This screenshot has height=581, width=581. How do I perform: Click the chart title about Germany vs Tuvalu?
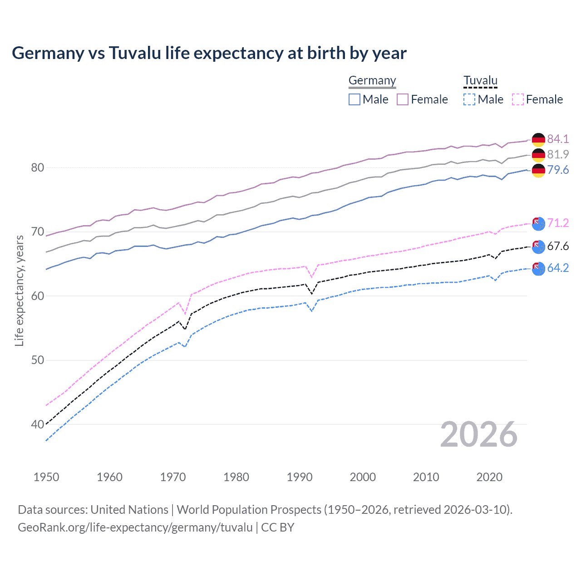pyautogui.click(x=209, y=53)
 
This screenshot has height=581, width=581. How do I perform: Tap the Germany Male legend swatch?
pyautogui.click(x=355, y=99)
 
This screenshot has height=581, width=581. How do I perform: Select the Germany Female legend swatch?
pyautogui.click(x=403, y=99)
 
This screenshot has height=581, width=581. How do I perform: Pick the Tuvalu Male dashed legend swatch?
pyautogui.click(x=469, y=99)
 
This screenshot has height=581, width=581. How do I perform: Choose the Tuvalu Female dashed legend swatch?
pyautogui.click(x=517, y=99)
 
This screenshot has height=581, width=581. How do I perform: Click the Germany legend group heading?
pyautogui.click(x=372, y=81)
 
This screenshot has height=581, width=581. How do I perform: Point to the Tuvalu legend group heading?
pyautogui.click(x=480, y=81)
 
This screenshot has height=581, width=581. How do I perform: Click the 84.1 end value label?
pyautogui.click(x=558, y=139)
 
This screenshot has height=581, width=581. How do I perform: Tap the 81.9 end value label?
pyautogui.click(x=558, y=154)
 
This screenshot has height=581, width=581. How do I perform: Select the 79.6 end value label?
pyautogui.click(x=558, y=170)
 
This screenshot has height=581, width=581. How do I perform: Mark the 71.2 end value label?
pyautogui.click(x=558, y=223)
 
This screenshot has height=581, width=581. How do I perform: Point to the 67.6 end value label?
pyautogui.click(x=558, y=246)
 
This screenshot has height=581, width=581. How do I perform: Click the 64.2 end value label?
pyautogui.click(x=558, y=268)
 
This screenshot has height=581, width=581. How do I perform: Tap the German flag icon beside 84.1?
pyautogui.click(x=538, y=139)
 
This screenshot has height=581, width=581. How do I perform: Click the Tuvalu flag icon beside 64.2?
pyautogui.click(x=538, y=268)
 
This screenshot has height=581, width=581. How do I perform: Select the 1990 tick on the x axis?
pyautogui.click(x=300, y=477)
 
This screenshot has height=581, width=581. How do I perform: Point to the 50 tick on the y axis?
pyautogui.click(x=38, y=360)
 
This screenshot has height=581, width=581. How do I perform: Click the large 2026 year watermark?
pyautogui.click(x=479, y=434)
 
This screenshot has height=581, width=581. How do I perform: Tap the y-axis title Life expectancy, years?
pyautogui.click(x=19, y=290)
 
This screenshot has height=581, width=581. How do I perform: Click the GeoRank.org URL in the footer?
pyautogui.click(x=135, y=527)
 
